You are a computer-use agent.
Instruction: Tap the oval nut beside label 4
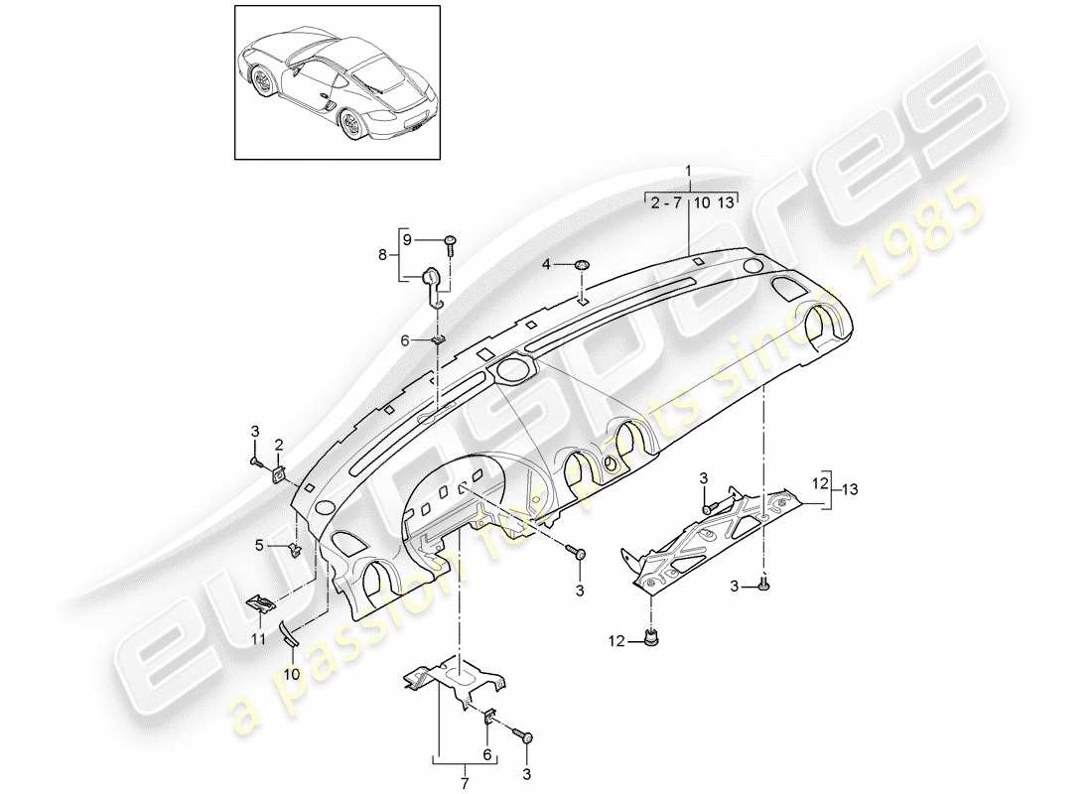582,265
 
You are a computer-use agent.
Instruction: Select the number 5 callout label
261,544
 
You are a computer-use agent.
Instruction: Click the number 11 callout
257,640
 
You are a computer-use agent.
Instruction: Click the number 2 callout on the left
280,444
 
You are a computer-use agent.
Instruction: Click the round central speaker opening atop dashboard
512,371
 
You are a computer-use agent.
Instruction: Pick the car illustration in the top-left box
338,83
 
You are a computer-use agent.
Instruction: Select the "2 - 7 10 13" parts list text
692,203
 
